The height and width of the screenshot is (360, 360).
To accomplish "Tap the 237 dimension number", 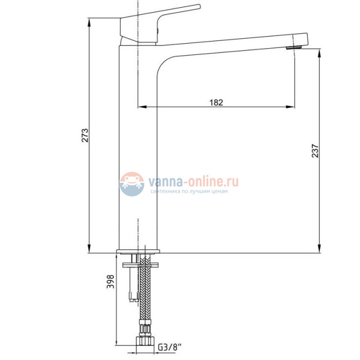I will [315, 151].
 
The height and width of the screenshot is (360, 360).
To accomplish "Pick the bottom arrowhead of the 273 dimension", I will [89, 250].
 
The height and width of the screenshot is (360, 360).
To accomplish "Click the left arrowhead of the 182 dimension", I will [141, 106].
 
